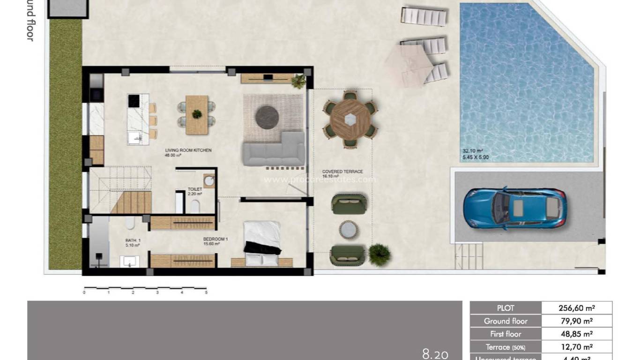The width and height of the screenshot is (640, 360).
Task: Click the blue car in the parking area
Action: tap(515, 208)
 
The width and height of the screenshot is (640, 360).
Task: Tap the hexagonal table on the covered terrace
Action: tap(349, 120)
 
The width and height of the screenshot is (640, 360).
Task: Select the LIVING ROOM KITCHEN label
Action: tap(188, 150)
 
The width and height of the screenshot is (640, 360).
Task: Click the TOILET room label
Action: tap(194, 189)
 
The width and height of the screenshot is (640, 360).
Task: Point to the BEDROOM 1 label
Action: tap(215, 239)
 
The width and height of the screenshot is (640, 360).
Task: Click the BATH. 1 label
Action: tap(133, 240)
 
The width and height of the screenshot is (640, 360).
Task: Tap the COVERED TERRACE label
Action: tap(342, 172)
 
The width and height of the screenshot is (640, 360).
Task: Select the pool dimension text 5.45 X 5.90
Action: tap(476, 157)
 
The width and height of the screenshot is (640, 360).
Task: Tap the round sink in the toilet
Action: tap(209, 180)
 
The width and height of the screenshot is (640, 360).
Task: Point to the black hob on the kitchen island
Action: tap(134, 101)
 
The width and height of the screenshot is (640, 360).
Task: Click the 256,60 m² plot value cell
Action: tap(576, 308)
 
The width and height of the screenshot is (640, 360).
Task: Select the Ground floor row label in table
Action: tap(506, 321)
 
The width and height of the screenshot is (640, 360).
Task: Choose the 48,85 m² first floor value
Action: tap(576, 334)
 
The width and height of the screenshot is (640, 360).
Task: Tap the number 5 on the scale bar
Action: tap(206, 292)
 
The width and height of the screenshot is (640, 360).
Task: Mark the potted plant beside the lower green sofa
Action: tap(379, 255)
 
